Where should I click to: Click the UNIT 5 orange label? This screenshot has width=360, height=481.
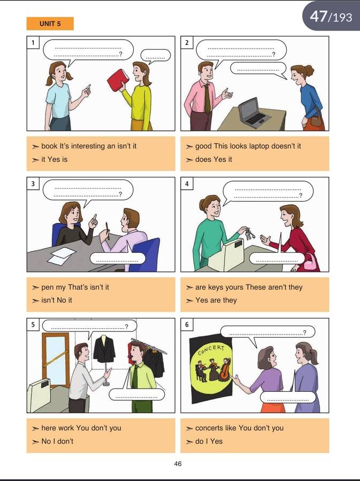50,24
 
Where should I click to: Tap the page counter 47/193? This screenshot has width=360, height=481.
331,16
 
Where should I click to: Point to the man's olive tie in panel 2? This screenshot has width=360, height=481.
208,99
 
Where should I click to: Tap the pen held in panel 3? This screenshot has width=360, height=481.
108,231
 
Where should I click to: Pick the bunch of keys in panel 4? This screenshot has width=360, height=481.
250,234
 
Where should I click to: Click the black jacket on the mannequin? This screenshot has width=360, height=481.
104,350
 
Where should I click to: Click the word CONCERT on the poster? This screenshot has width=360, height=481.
211,350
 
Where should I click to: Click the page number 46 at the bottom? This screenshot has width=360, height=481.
178,463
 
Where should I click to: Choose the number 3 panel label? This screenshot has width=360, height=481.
33,184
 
